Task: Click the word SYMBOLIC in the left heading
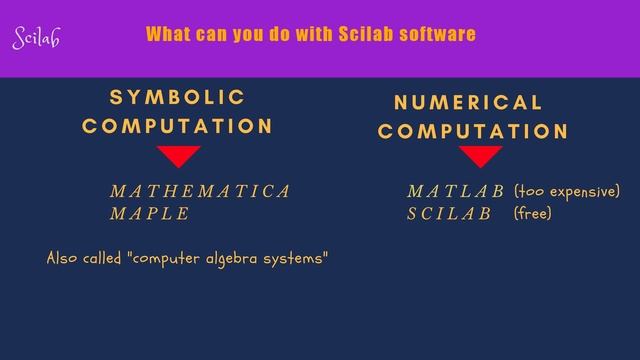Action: [x=177, y=97]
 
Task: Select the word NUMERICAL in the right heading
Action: [x=468, y=102]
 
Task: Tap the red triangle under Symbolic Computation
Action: [x=179, y=156]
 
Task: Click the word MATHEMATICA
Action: [x=200, y=191]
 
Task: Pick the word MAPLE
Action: [x=149, y=213]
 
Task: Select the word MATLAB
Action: [x=455, y=191]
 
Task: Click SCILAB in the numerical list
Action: [x=449, y=213]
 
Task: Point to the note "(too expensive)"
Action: [x=567, y=191]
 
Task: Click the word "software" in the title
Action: [x=437, y=34]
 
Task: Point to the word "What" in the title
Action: [x=167, y=34]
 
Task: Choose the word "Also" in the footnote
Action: [x=62, y=258]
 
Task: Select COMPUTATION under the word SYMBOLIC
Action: [x=177, y=126]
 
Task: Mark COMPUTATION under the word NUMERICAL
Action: [x=473, y=131]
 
